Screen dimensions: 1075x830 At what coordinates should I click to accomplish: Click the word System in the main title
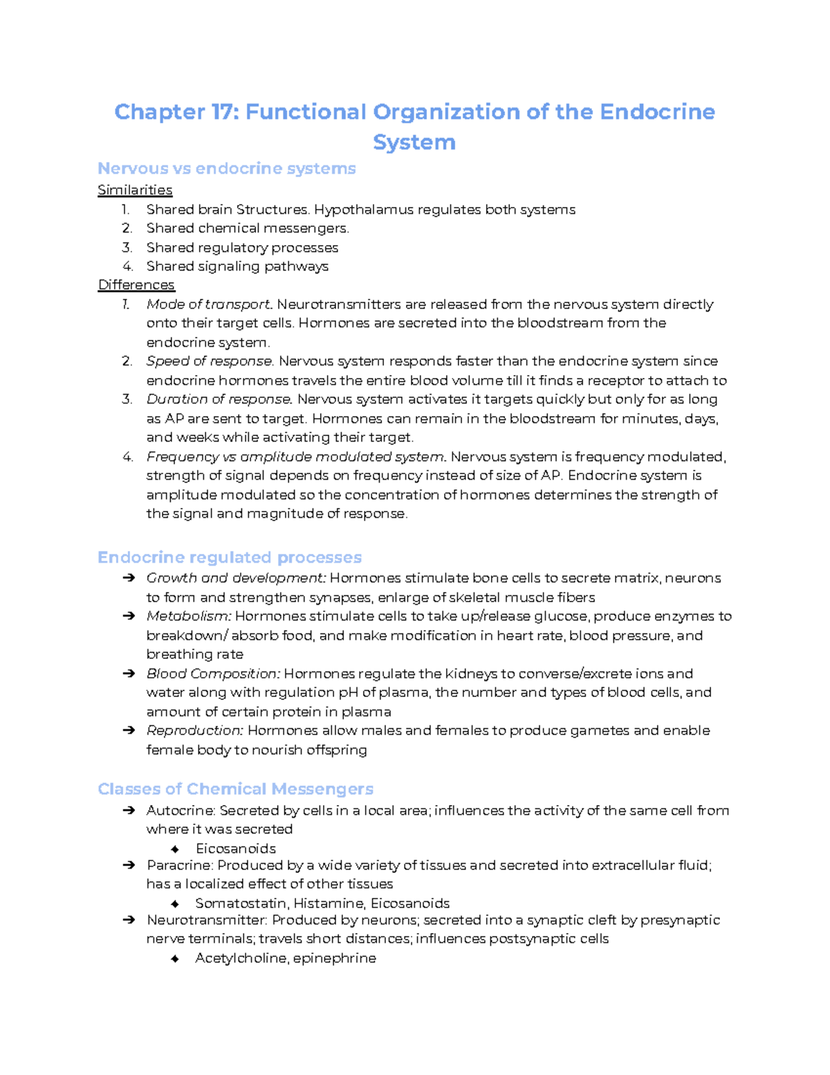pyautogui.click(x=414, y=142)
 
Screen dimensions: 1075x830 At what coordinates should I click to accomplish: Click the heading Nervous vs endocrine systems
pyautogui.click(x=226, y=168)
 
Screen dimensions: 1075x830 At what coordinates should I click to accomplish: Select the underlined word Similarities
pyautogui.click(x=135, y=190)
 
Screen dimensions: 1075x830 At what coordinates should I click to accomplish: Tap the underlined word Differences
pyautogui.click(x=136, y=284)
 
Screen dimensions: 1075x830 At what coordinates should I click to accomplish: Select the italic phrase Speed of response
pyautogui.click(x=210, y=361)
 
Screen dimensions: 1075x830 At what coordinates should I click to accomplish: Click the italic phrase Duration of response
pyautogui.click(x=219, y=399)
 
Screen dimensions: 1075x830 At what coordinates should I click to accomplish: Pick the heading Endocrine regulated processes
pyautogui.click(x=229, y=557)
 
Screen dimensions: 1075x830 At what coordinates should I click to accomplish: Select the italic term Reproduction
pyautogui.click(x=194, y=730)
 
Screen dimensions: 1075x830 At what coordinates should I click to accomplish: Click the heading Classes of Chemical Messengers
pyautogui.click(x=235, y=789)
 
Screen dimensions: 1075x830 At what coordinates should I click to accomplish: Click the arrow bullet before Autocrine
pyautogui.click(x=128, y=811)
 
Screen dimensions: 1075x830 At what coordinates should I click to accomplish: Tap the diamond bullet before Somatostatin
pyautogui.click(x=175, y=903)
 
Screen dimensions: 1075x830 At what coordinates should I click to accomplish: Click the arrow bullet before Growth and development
pyautogui.click(x=128, y=578)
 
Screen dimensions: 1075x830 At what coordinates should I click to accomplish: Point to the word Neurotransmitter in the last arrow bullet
pyautogui.click(x=207, y=920)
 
